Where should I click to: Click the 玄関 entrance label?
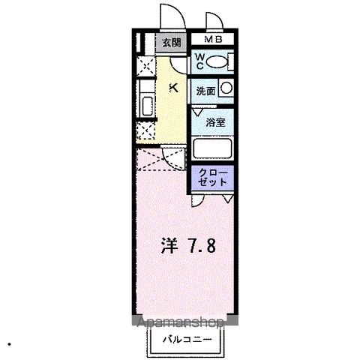click(171, 43)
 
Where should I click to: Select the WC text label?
click(201, 61)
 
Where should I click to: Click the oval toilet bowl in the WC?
click(217, 62)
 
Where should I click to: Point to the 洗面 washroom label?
click(205, 90)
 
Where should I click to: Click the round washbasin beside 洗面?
click(226, 88)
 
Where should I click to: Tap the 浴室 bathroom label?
click(215, 121)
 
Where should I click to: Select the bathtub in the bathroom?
click(213, 147)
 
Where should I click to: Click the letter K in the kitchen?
click(174, 88)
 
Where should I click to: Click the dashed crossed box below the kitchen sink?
click(145, 133)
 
